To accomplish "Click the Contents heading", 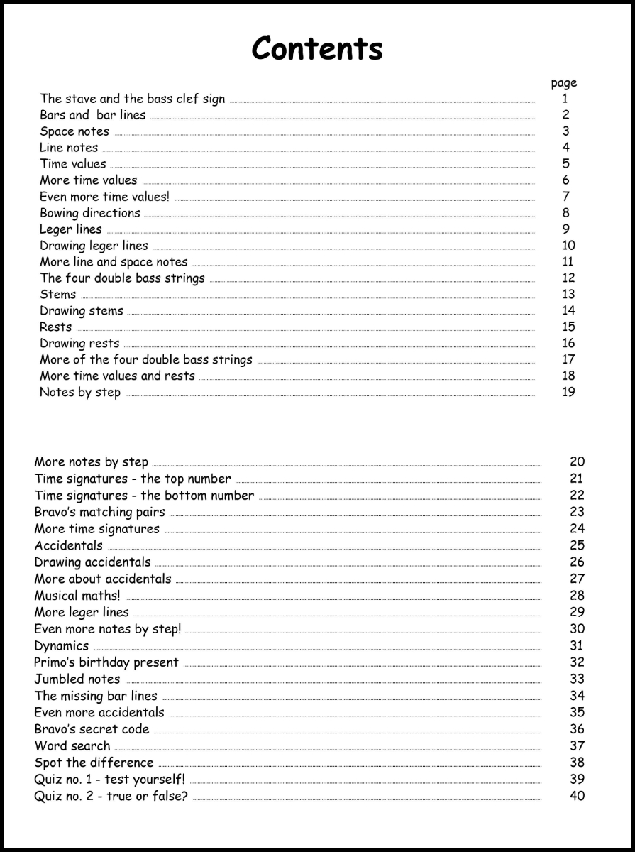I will [317, 48].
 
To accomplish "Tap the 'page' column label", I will [564, 83].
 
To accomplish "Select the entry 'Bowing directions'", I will [90, 213].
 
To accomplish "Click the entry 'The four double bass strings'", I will [122, 278].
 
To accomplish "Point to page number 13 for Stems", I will [568, 294].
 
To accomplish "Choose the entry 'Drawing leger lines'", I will [94, 246].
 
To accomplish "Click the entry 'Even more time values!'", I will [105, 197].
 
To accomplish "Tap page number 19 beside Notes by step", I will [568, 392].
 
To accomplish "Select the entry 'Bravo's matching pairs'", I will [100, 512].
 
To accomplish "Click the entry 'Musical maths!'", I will [77, 596].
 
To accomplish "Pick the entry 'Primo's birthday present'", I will [106, 662].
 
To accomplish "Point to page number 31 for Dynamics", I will [576, 645].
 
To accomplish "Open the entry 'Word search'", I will [72, 746].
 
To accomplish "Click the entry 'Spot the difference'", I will [94, 763].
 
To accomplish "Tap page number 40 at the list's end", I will [577, 796].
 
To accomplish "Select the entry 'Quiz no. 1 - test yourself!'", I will [110, 780].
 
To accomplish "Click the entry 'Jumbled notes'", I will [77, 679].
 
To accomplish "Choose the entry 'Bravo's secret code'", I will [92, 729].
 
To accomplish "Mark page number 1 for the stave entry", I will [565, 99].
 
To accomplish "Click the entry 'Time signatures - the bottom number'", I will [144, 496].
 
